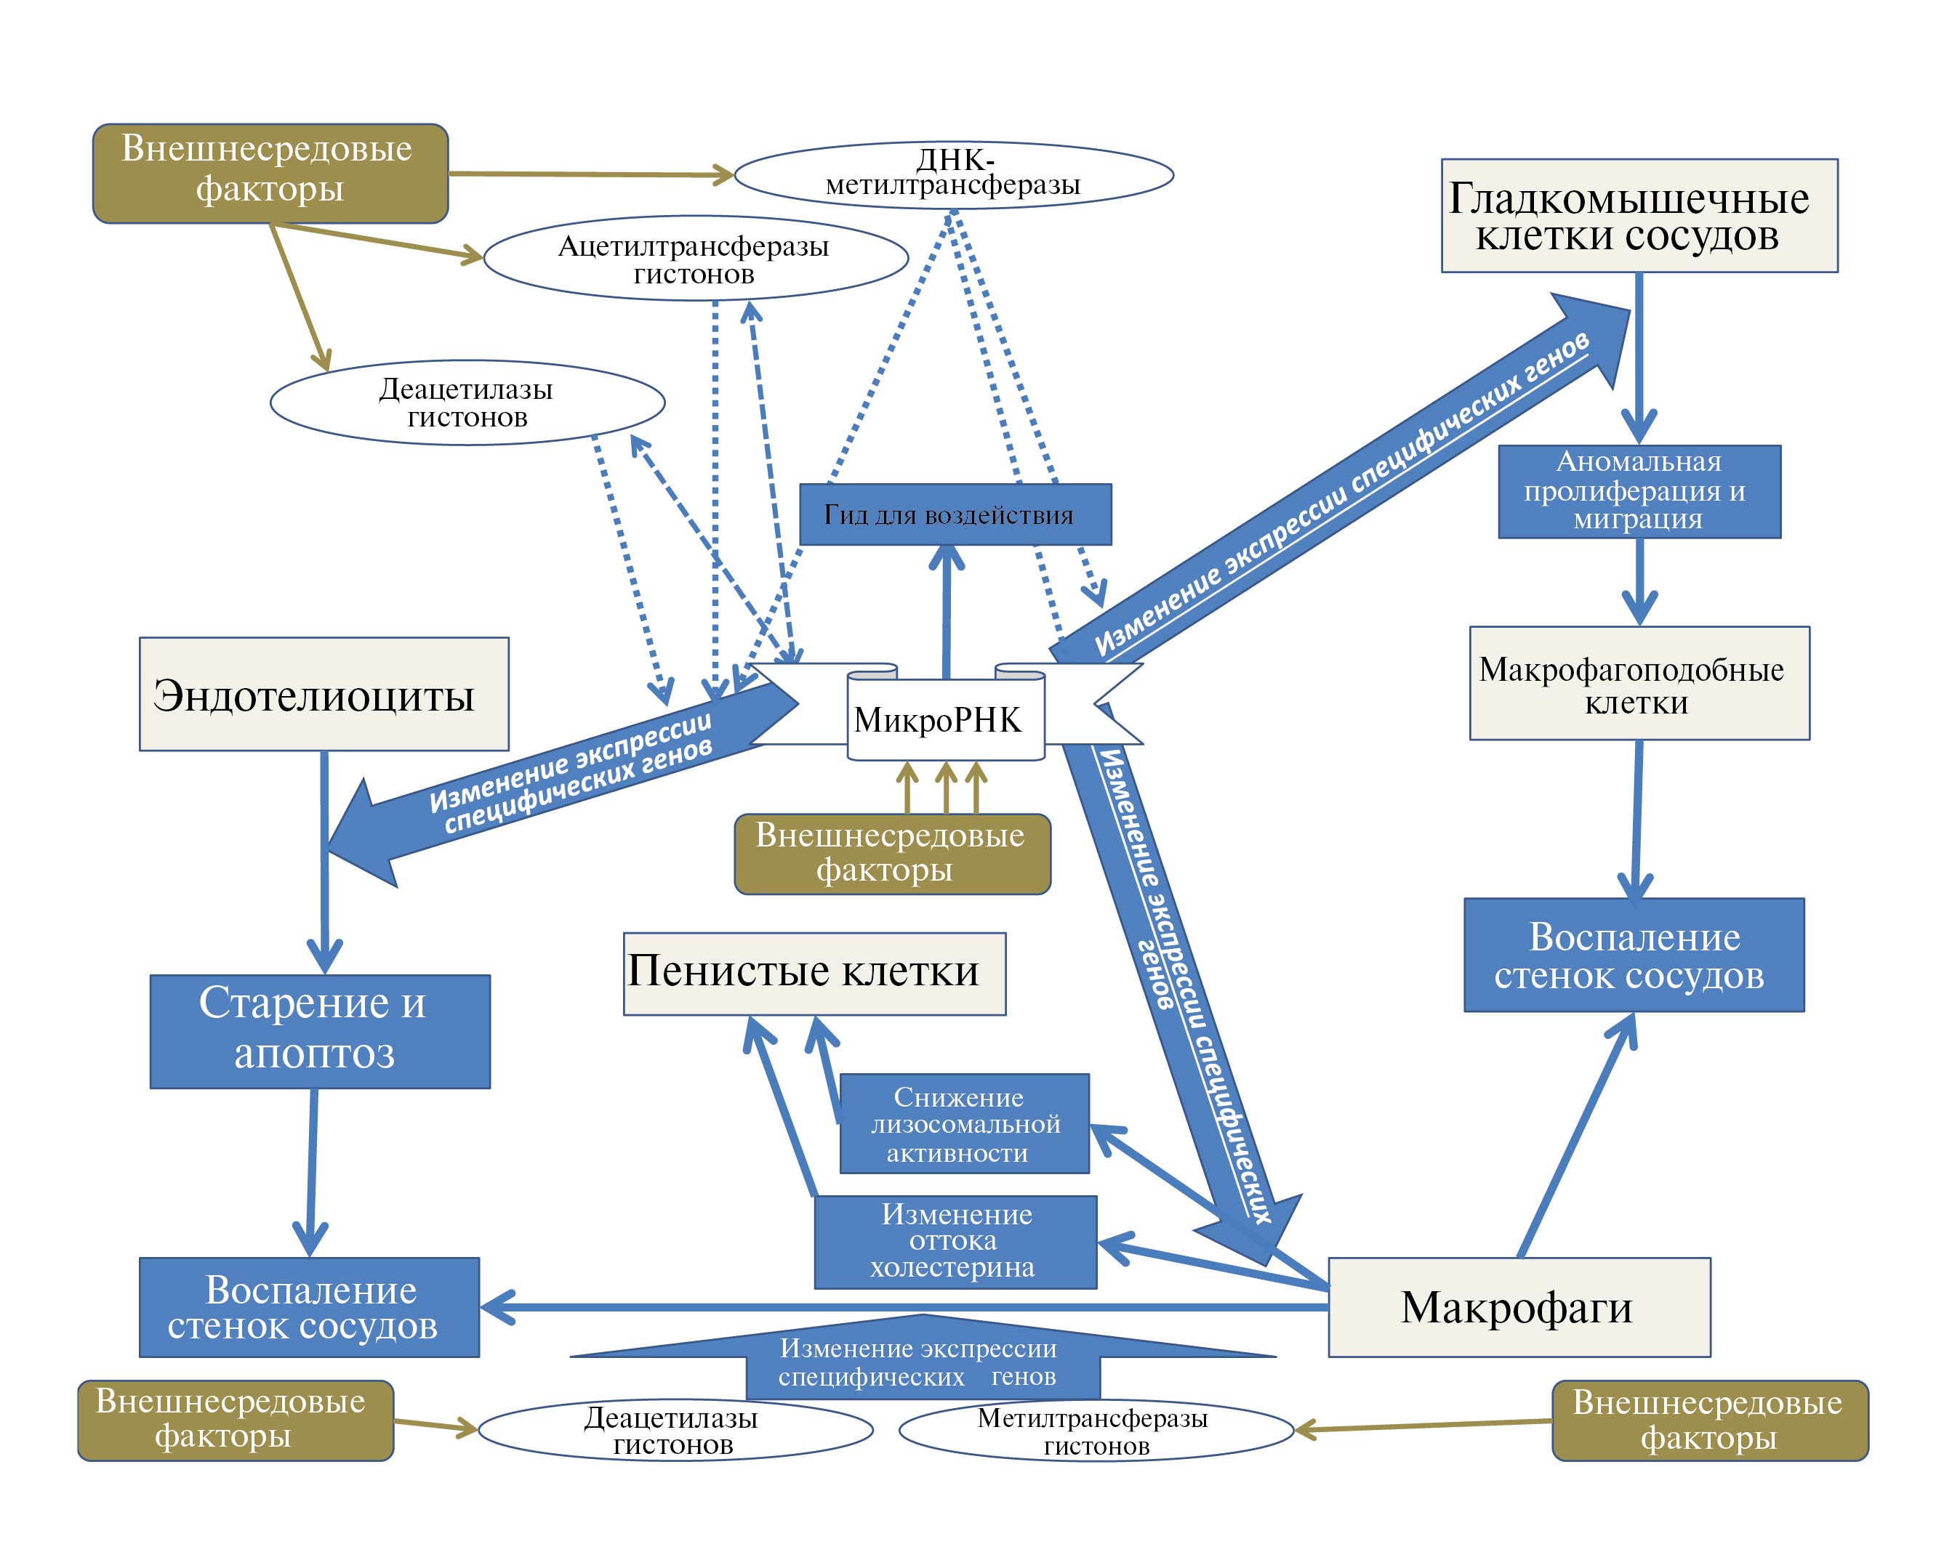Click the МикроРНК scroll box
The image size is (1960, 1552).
click(945, 718)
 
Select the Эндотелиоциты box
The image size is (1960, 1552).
click(324, 694)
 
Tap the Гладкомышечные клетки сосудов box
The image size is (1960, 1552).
click(1639, 217)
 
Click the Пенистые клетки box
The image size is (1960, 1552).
click(814, 973)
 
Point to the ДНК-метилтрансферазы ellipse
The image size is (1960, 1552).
click(954, 174)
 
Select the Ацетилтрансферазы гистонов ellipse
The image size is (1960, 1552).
click(696, 258)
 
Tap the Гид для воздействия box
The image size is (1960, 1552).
click(955, 514)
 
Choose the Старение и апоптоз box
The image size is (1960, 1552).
click(320, 1031)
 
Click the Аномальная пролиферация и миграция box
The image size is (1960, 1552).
click(1639, 490)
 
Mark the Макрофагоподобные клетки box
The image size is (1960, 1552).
click(1639, 683)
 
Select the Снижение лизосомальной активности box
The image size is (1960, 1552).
click(963, 1124)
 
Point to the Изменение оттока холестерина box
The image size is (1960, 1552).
click(955, 1241)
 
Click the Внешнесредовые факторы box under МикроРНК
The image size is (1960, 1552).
click(892, 854)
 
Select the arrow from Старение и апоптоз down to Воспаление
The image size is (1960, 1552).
click(312, 1172)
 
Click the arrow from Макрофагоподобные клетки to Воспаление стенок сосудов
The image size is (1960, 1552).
click(1636, 818)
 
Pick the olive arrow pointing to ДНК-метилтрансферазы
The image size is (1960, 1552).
click(591, 174)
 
